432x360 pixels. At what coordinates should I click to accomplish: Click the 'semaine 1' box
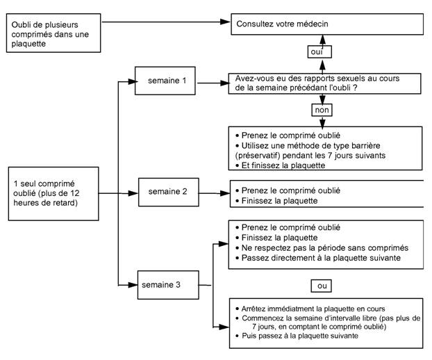[165, 81]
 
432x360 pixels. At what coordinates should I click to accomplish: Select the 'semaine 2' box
[168, 192]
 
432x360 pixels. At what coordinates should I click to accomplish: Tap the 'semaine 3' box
[168, 285]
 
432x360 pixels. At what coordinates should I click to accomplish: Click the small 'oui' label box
[319, 52]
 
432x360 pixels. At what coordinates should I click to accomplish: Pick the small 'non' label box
[322, 110]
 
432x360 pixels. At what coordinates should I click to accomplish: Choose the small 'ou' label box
[322, 286]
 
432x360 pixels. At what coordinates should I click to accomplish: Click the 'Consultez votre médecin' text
[282, 24]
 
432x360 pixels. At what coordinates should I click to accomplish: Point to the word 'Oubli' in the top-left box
[22, 25]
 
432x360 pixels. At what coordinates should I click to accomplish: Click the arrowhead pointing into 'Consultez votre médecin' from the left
[225, 22]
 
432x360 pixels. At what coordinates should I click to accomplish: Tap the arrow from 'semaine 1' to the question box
[213, 83]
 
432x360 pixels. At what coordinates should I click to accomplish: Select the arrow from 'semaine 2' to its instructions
[215, 193]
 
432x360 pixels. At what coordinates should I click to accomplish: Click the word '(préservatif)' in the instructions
[258, 156]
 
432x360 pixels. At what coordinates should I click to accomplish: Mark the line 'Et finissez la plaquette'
[281, 165]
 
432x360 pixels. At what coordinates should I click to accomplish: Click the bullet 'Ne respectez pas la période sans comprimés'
[322, 248]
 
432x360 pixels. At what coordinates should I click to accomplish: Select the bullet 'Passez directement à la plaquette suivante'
[318, 258]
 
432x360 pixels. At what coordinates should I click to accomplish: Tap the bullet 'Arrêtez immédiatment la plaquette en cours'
[310, 309]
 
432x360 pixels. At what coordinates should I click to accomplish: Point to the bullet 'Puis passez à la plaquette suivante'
[297, 336]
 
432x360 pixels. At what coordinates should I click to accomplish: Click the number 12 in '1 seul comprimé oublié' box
[74, 193]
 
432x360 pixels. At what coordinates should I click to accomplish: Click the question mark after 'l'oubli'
[355, 88]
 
